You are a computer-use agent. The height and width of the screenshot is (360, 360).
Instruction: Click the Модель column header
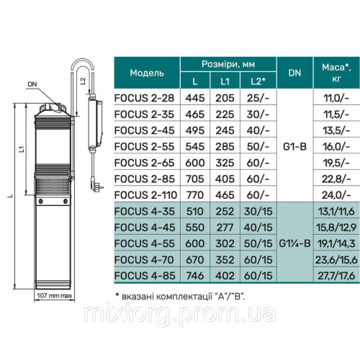pyautogui.click(x=147, y=73)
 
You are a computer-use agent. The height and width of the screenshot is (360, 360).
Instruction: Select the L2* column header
pyautogui.click(x=258, y=81)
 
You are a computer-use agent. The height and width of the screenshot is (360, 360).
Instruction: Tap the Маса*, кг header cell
pyautogui.click(x=336, y=73)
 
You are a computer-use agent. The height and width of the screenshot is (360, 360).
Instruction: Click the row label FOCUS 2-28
pyautogui.click(x=144, y=98)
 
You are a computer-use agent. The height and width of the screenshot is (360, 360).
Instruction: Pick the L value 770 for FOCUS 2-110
pyautogui.click(x=195, y=195)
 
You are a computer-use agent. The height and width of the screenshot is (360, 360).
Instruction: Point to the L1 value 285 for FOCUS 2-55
pyautogui.click(x=225, y=146)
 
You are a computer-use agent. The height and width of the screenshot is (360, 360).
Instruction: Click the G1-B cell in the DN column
pyautogui.click(x=294, y=146)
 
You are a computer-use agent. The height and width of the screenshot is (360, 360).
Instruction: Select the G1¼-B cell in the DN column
pyautogui.click(x=294, y=243)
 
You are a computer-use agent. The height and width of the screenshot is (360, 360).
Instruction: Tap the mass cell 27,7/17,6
pyautogui.click(x=336, y=276)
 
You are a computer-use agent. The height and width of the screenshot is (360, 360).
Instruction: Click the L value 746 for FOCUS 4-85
pyautogui.click(x=195, y=276)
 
